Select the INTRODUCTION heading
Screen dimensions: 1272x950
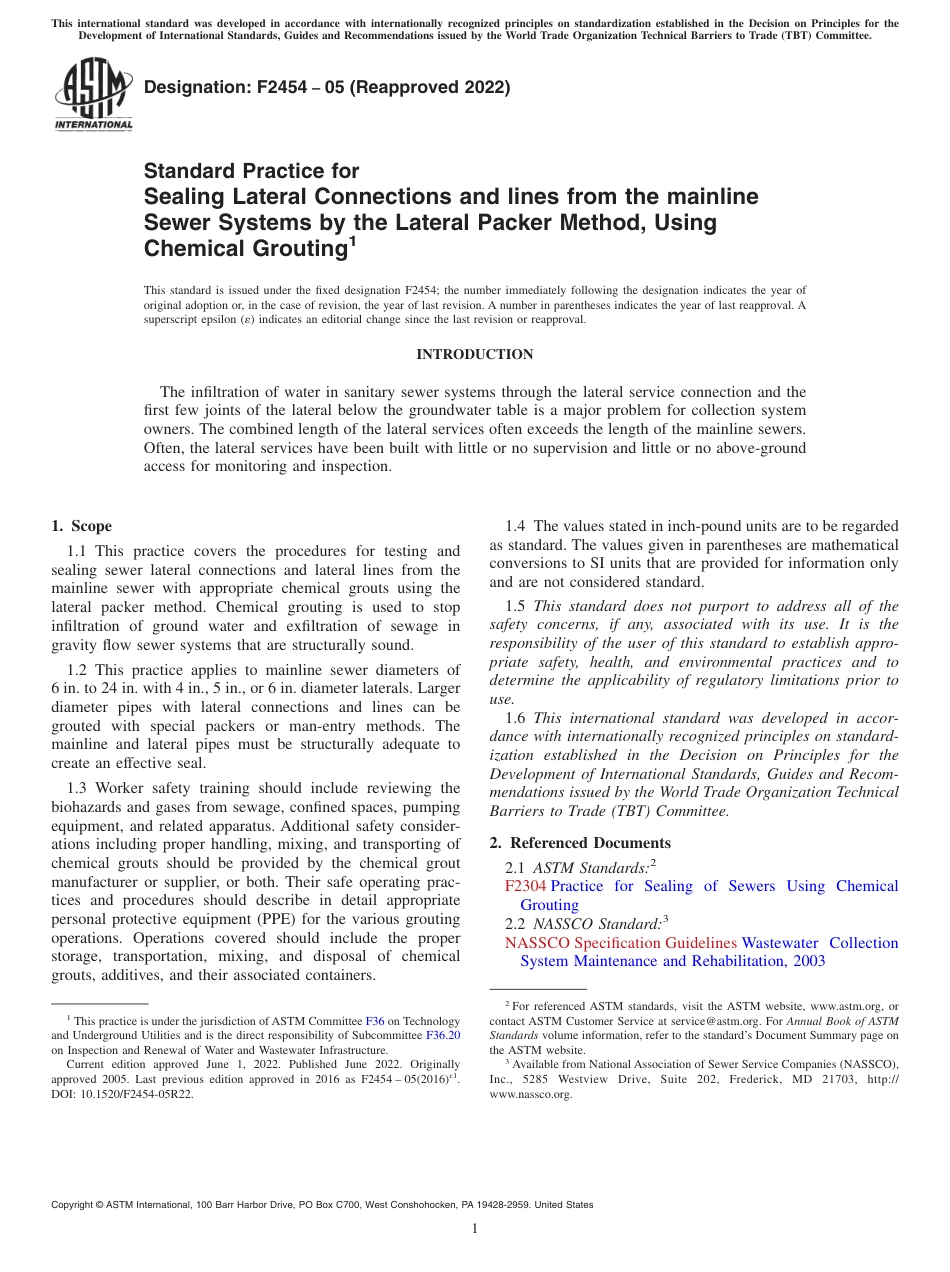click(474, 354)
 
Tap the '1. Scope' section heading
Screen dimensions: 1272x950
click(81, 526)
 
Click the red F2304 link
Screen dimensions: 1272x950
click(525, 886)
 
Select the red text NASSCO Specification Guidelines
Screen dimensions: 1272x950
click(620, 943)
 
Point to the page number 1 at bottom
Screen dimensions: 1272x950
click(475, 1229)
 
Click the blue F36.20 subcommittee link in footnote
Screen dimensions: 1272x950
click(443, 1036)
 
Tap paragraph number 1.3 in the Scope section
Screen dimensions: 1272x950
click(79, 788)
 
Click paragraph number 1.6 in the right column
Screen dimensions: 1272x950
click(516, 718)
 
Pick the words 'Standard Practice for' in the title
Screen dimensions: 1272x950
click(251, 171)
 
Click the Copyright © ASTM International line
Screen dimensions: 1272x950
click(322, 1205)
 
